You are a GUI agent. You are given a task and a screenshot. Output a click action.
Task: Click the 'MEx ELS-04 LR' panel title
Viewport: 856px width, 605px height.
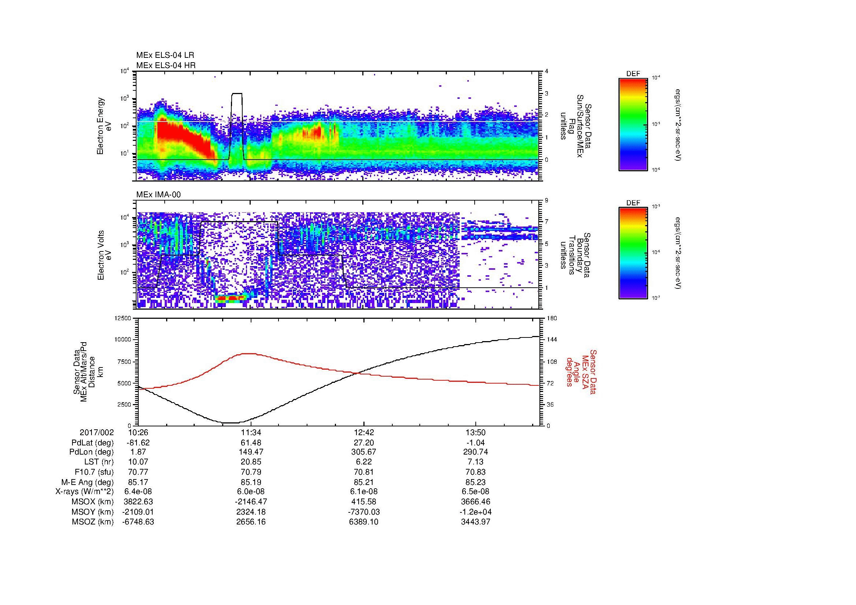click(165, 55)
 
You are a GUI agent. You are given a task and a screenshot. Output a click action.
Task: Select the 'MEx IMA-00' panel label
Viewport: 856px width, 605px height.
click(158, 195)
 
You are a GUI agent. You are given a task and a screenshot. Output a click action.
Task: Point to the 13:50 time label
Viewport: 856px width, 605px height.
click(475, 433)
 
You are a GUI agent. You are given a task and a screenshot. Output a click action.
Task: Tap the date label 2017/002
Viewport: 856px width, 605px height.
click(97, 433)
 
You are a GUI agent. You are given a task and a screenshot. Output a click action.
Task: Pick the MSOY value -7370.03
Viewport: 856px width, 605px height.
click(363, 512)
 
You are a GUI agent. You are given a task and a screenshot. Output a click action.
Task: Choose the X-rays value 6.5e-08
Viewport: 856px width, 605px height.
click(475, 492)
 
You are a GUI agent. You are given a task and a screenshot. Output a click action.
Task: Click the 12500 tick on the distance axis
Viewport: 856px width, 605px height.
click(123, 318)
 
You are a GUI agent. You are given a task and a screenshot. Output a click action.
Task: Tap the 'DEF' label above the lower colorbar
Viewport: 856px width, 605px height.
click(633, 203)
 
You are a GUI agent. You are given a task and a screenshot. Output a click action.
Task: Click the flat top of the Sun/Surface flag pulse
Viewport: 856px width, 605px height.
click(237, 94)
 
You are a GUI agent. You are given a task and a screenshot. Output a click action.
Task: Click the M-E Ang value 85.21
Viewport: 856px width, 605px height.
click(363, 482)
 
